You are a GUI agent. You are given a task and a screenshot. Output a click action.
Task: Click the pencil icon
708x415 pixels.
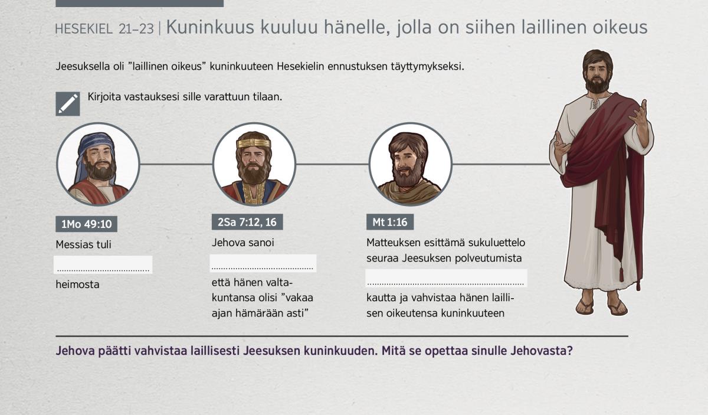tap(68, 104)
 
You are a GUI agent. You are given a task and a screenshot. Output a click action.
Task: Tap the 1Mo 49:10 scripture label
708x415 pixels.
tap(86, 224)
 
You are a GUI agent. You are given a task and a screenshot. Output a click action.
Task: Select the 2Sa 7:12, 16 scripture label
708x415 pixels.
tap(247, 222)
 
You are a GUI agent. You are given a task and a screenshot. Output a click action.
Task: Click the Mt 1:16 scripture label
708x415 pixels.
tap(390, 222)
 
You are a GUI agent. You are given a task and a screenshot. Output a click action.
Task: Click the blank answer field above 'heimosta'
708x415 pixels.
tap(103, 264)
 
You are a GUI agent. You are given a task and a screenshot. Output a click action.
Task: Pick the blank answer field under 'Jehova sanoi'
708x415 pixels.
tap(263, 263)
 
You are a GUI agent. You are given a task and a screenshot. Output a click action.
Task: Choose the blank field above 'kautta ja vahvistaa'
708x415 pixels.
tap(446, 278)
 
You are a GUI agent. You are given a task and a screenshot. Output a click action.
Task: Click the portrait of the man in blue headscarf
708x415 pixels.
tap(98, 164)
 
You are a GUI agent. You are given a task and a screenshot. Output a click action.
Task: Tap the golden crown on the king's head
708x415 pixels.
tap(254, 143)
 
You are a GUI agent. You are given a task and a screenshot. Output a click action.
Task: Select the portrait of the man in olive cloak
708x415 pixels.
tap(410, 164)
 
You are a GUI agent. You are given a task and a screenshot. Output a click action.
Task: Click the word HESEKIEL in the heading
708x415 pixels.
tap(84, 29)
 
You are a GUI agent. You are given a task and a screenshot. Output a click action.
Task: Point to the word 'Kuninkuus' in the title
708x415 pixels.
tap(210, 27)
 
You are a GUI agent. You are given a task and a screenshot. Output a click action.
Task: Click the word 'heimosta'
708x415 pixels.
tap(77, 285)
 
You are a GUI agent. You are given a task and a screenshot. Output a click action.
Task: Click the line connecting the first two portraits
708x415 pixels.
tap(176, 164)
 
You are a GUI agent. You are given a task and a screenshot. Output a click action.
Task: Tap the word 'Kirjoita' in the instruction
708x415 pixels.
tap(104, 97)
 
